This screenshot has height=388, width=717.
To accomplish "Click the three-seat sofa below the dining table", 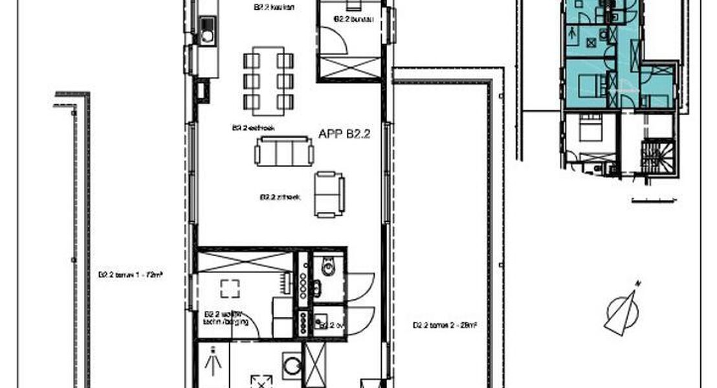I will click(x=284, y=152).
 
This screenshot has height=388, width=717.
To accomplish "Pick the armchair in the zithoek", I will click(x=329, y=194).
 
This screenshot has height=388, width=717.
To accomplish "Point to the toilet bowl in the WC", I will click(x=327, y=266).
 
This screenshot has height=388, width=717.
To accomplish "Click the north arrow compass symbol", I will click(x=623, y=311).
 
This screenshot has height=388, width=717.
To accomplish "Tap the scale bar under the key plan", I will click(x=655, y=199).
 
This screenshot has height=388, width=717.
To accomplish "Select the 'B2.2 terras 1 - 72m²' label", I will click(x=130, y=274).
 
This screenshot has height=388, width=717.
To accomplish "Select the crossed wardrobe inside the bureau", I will click(x=349, y=67).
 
